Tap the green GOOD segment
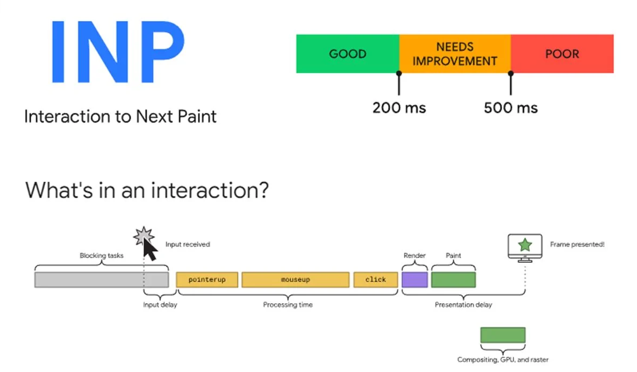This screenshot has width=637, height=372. pyautogui.click(x=347, y=54)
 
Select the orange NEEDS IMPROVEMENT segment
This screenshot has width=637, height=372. pyautogui.click(x=455, y=54)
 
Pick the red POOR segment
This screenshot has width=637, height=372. pyautogui.click(x=562, y=54)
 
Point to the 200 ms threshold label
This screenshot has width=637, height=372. pyautogui.click(x=399, y=108)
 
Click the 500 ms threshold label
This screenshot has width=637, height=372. pyautogui.click(x=511, y=108)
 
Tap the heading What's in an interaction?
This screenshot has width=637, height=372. pyautogui.click(x=146, y=190)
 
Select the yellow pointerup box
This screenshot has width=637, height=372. pyautogui.click(x=207, y=280)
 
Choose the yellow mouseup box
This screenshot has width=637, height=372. pyautogui.click(x=295, y=280)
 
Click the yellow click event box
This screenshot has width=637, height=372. pyautogui.click(x=376, y=280)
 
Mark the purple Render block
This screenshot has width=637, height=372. pyautogui.click(x=414, y=280)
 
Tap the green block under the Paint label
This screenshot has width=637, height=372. pyautogui.click(x=453, y=280)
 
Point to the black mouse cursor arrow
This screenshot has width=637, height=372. pyautogui.click(x=151, y=249)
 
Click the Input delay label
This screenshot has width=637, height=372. pyautogui.click(x=160, y=305)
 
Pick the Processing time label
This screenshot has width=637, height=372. pyautogui.click(x=288, y=305)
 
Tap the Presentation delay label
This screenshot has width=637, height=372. pyautogui.click(x=463, y=305)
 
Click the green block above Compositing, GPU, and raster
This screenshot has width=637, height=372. pyautogui.click(x=503, y=335)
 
